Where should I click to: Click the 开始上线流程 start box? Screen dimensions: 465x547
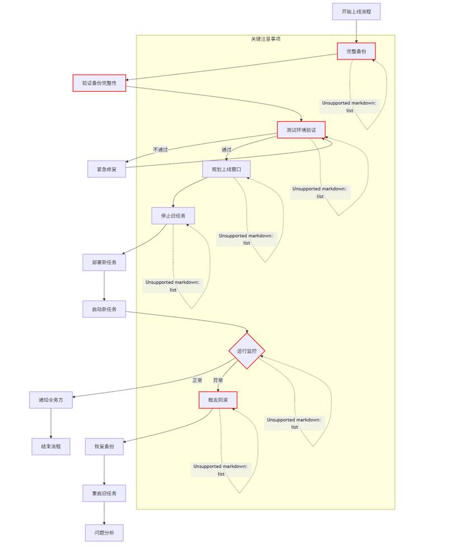click(356, 12)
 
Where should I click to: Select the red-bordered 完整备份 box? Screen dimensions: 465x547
click(356, 52)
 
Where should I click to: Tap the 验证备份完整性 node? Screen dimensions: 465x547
click(99, 83)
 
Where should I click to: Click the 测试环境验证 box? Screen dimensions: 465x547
click(301, 130)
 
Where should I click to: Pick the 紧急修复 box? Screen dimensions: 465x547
click(106, 169)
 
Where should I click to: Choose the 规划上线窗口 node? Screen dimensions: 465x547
click(227, 169)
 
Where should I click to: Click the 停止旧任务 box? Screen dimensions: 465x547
click(173, 216)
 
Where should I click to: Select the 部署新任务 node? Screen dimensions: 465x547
click(104, 262)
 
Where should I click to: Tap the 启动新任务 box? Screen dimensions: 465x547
click(104, 309)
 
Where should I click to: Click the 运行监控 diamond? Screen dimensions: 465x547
click(247, 351)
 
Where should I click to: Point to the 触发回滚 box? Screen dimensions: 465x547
click(218, 400)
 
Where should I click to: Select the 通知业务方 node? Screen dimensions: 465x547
click(51, 400)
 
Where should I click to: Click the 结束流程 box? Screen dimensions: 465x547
click(51, 447)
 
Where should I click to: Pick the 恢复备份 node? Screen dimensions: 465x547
click(104, 447)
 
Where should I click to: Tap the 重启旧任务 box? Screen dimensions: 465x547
click(104, 493)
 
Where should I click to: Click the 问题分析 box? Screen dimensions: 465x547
click(104, 532)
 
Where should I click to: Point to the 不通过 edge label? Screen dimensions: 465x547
click(161, 150)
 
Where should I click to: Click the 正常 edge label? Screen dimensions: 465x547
click(197, 380)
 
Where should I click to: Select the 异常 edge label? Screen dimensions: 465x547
click(218, 380)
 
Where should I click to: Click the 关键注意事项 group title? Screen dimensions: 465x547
click(266, 39)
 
